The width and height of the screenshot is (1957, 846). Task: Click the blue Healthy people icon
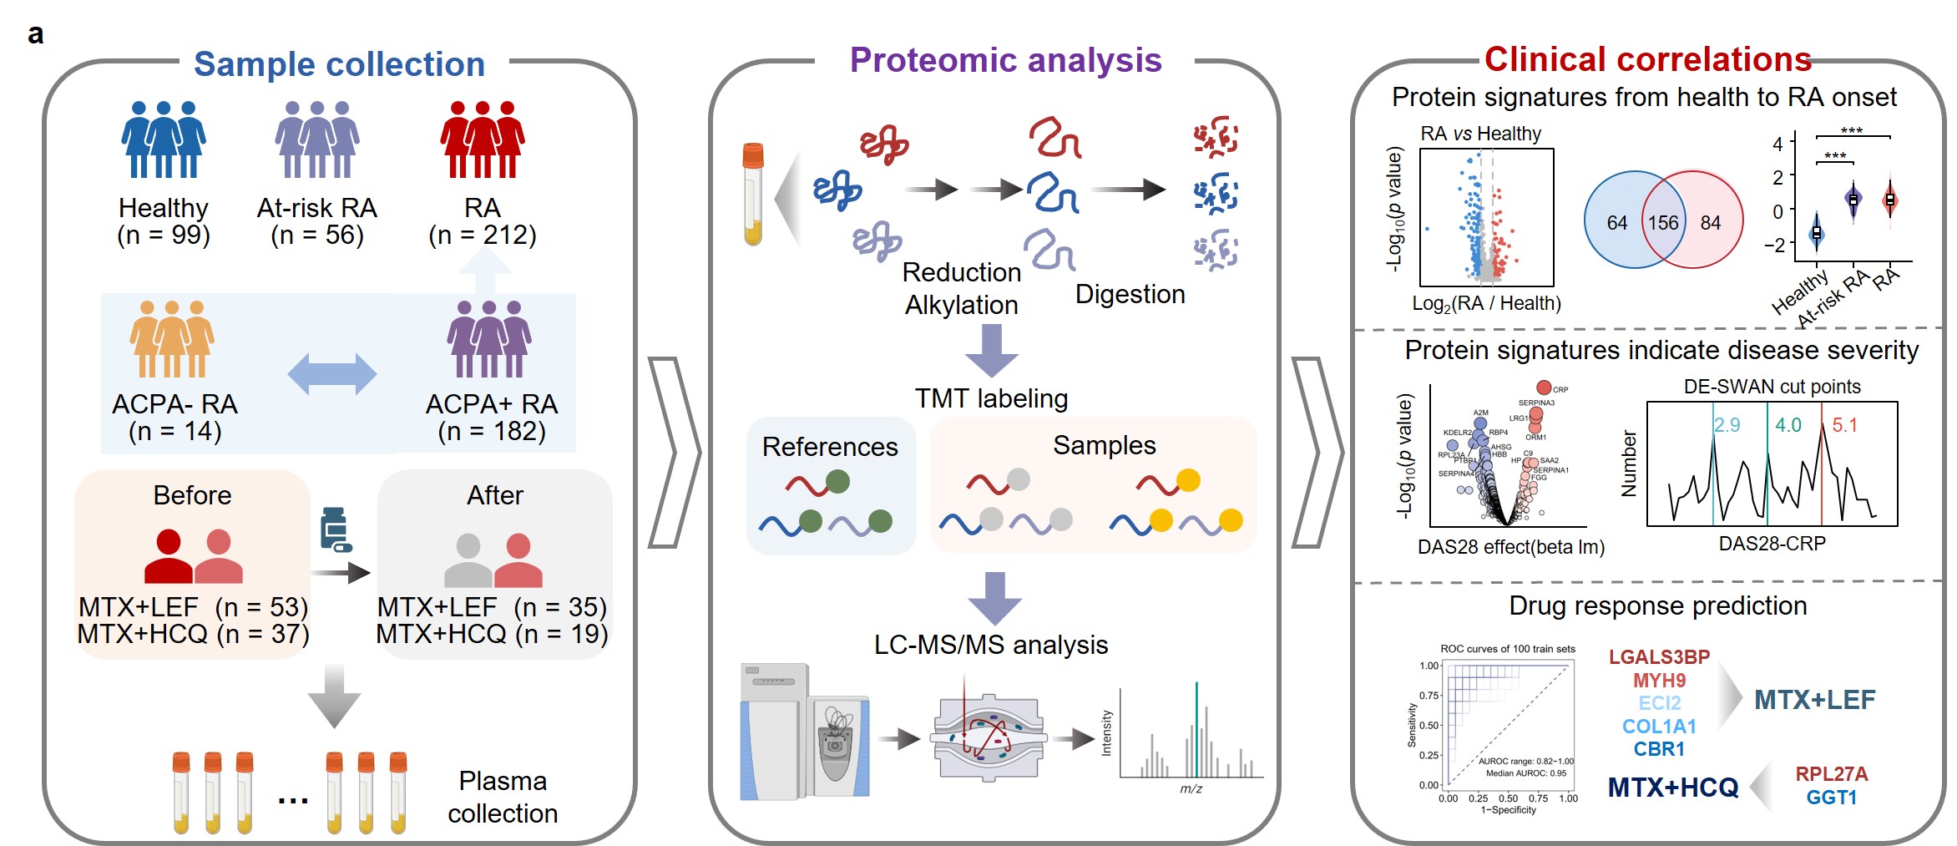tap(164, 139)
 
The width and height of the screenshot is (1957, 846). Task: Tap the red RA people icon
tap(483, 139)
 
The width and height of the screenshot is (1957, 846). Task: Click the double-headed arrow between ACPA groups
tap(332, 373)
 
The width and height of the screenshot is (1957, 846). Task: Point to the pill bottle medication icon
tap(336, 529)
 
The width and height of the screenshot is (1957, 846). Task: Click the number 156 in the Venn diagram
tap(1662, 223)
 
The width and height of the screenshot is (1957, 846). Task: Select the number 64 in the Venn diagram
tap(1617, 223)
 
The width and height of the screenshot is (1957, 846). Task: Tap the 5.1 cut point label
tap(1844, 425)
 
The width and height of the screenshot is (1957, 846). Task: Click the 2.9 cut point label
tap(1727, 425)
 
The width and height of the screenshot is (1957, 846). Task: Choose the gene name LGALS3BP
tap(1659, 657)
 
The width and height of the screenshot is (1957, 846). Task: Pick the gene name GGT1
tap(1831, 798)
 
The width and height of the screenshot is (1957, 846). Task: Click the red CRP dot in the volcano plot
tap(1544, 388)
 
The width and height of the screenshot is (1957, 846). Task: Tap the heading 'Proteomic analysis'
tap(1005, 60)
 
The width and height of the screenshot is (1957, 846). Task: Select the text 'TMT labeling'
tap(991, 398)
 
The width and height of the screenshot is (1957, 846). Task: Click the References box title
tap(830, 447)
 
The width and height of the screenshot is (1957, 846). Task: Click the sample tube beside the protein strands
tap(753, 195)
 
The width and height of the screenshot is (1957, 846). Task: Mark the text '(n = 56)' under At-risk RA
tap(317, 235)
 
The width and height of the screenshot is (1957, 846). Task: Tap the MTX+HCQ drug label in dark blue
tap(1672, 788)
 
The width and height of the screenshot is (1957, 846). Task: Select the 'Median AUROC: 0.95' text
tap(1525, 773)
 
